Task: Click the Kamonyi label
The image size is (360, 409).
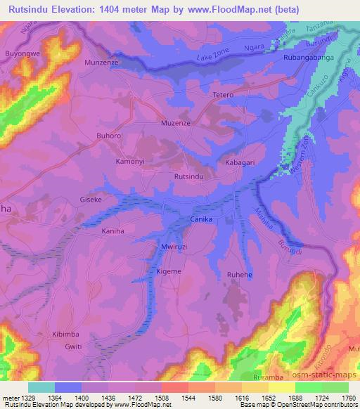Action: (130, 162)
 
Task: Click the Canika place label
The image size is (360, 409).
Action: (201, 220)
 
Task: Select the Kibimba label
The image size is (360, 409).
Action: (67, 335)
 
